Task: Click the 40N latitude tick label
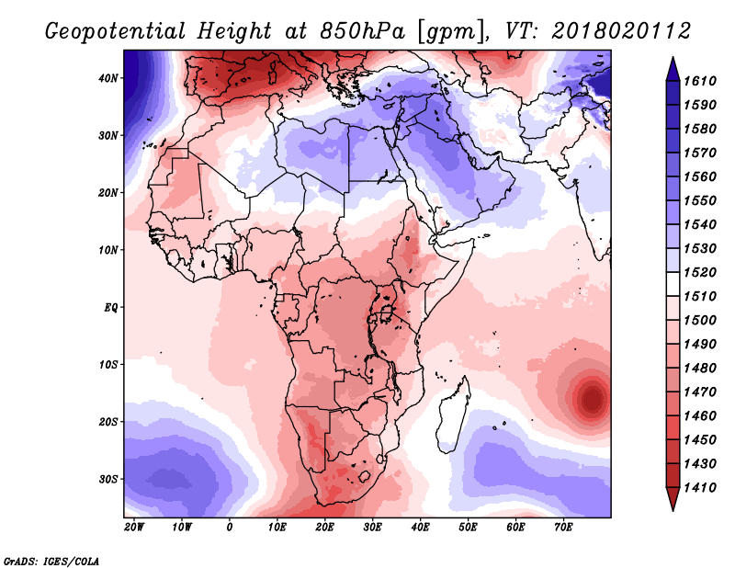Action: [x=107, y=78]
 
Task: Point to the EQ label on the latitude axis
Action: [x=110, y=308]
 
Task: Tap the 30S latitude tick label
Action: [x=107, y=480]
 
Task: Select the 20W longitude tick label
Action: [x=134, y=528]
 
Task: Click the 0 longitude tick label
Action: [x=229, y=528]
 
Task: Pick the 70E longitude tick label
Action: [x=563, y=528]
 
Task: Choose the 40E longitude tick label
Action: [x=420, y=528]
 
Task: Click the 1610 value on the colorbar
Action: [x=700, y=81]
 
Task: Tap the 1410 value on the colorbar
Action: [x=700, y=488]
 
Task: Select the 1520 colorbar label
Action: [x=700, y=272]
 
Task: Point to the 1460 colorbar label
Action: [x=700, y=416]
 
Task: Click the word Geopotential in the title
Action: [x=116, y=32]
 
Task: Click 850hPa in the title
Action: [x=362, y=31]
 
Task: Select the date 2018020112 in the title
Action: [x=622, y=31]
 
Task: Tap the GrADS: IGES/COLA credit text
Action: [x=51, y=562]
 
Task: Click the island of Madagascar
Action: [x=451, y=417]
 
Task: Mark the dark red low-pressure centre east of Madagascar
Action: [x=593, y=399]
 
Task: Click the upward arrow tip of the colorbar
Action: [x=673, y=58]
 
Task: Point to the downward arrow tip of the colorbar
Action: [x=673, y=510]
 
